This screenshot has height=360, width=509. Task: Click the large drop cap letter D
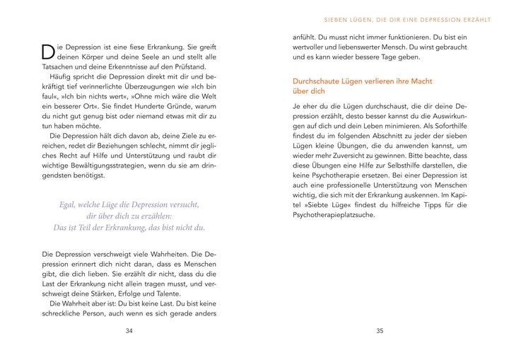(x=48, y=51)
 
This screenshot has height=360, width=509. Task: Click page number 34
(x=129, y=331)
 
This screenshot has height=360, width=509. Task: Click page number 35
(x=380, y=331)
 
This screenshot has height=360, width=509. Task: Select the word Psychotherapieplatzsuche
(x=334, y=214)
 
